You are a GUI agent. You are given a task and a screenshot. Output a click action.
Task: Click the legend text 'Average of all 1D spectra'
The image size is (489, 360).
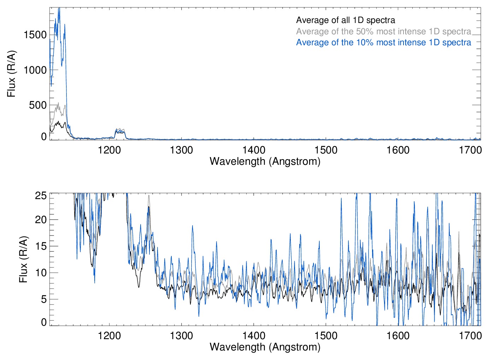point(345,20)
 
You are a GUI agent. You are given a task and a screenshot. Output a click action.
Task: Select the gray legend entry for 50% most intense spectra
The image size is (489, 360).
point(383,31)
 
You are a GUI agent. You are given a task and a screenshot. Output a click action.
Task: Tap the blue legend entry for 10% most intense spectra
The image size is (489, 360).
point(383,43)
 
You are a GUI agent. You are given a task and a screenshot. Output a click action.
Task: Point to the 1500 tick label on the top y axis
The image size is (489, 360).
point(35,35)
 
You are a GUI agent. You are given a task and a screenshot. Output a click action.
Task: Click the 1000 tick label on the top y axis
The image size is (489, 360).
point(35,70)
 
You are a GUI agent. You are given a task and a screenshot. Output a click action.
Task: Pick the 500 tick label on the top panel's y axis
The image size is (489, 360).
point(38,105)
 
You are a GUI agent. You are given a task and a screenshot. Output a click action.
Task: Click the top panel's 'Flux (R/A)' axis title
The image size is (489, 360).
point(11,74)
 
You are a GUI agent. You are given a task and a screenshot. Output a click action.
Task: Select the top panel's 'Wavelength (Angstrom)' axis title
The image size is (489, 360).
point(265,162)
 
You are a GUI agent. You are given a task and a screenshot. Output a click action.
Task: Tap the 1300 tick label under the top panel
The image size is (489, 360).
point(181,150)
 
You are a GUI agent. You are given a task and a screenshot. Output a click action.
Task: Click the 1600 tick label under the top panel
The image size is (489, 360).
point(398,150)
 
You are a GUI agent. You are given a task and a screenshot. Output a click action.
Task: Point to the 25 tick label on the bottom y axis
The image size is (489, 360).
point(41,196)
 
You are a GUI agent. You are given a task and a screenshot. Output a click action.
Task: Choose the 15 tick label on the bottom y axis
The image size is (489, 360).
point(41,246)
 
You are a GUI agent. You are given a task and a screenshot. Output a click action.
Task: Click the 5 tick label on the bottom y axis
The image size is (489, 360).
point(44,299)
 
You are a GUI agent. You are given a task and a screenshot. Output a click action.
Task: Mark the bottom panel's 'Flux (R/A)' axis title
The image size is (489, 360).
point(23,260)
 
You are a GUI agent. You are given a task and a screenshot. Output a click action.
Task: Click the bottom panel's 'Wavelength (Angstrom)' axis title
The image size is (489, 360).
point(265,347)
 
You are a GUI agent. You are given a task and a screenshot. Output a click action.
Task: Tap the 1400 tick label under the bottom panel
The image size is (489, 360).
point(254,336)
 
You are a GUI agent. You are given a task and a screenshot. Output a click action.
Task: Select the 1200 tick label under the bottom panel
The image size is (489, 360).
point(109,336)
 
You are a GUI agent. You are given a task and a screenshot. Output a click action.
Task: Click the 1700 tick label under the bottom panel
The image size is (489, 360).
point(470,336)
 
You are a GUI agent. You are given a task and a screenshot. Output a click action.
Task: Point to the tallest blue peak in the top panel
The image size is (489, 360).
point(59,9)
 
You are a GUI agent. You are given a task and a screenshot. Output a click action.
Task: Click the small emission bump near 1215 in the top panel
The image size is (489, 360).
point(120,131)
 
